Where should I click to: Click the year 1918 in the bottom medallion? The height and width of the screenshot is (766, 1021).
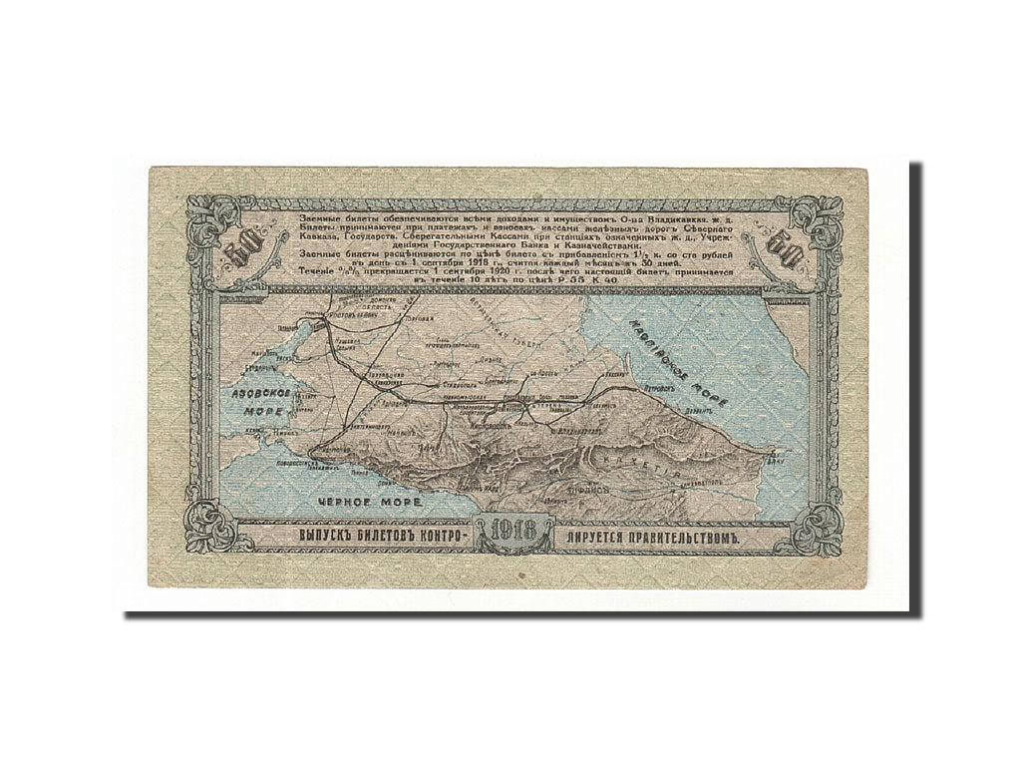coord(510,537)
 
